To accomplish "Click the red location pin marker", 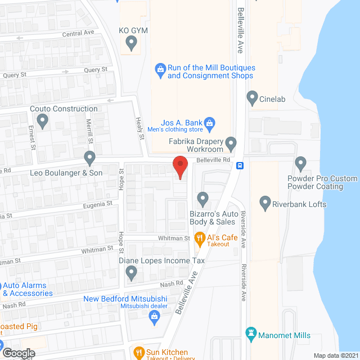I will (179, 167).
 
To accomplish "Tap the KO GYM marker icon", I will (132, 42).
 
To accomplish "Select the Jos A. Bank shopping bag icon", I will (209, 123).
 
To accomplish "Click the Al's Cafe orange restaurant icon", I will (199, 238).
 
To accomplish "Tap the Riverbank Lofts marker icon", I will (265, 203).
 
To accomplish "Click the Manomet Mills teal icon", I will (252, 335).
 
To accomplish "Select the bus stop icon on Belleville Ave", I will (240, 165).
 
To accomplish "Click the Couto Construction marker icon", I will (42, 120).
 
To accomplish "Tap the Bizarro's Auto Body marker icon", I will (202, 198).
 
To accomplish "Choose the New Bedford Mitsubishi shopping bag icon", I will (154, 318).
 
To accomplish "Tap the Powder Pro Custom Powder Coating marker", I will (300, 164).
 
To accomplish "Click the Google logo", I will (18, 353).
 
